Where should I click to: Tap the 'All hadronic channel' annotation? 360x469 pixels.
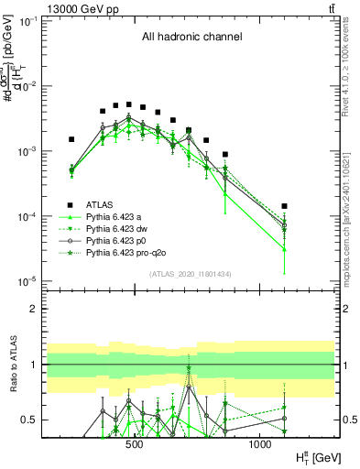(x=191, y=38)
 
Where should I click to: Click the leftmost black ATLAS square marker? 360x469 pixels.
(x=71, y=140)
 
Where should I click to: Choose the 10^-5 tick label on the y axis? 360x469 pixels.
(x=27, y=281)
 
